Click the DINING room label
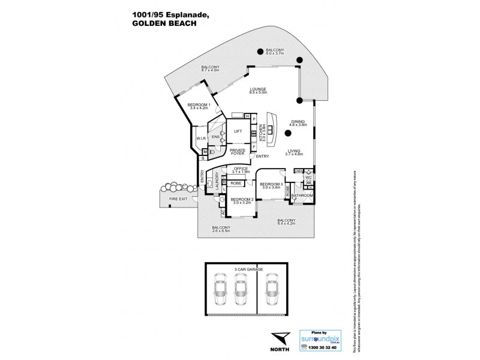point(299,122)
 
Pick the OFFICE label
point(241,170)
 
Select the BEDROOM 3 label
point(271,185)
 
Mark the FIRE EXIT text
point(178,199)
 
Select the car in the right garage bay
point(273,292)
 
